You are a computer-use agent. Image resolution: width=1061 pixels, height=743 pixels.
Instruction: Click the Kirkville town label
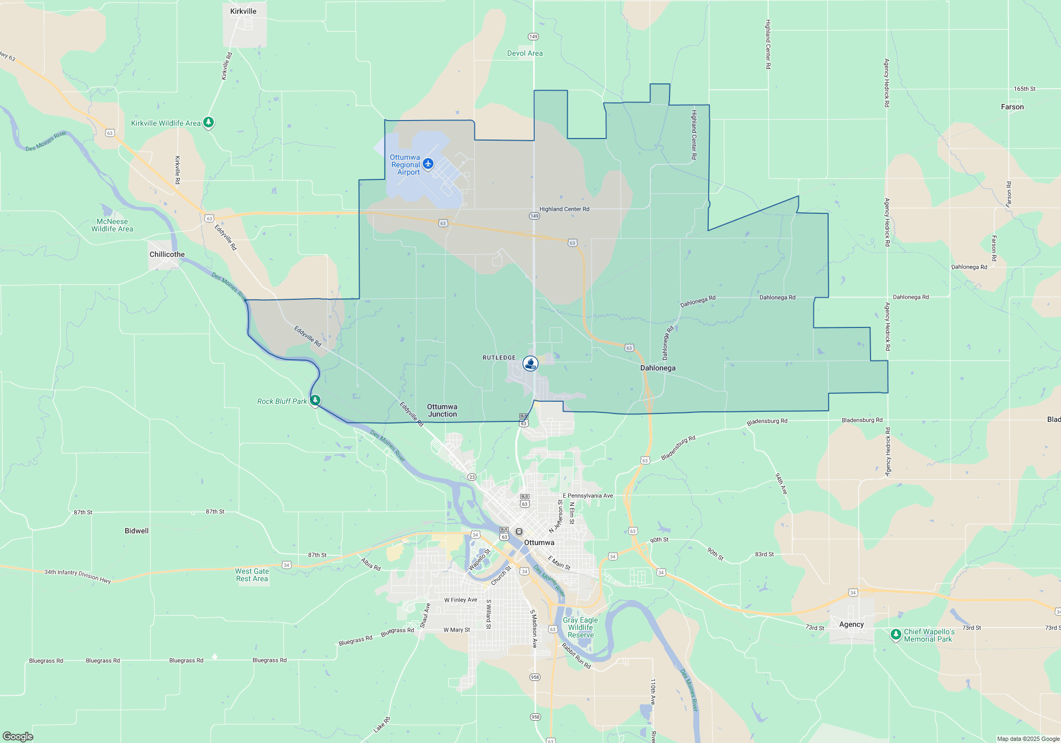(243, 11)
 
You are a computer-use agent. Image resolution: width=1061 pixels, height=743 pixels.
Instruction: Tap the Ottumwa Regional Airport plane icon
(428, 163)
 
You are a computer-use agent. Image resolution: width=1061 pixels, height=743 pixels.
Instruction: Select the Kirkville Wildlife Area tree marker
(208, 123)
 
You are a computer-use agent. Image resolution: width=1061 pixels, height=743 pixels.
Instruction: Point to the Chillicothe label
(167, 254)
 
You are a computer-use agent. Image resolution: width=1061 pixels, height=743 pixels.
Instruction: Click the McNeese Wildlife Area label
(112, 225)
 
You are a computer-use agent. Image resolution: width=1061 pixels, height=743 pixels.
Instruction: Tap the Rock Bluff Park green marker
(315, 400)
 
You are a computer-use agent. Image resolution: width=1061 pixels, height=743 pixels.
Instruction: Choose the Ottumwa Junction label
(442, 410)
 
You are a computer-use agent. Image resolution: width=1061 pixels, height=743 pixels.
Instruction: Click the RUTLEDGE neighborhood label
(499, 358)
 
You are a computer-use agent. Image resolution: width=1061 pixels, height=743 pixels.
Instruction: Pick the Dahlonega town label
(658, 368)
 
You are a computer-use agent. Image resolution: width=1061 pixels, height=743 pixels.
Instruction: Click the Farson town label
(1012, 107)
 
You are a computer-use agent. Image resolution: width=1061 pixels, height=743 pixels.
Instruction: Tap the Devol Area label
(525, 53)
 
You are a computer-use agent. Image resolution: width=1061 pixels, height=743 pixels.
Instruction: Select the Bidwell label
(136, 531)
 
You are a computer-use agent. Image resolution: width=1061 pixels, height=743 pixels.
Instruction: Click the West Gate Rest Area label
(252, 575)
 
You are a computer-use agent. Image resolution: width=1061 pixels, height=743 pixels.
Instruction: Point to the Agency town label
(851, 624)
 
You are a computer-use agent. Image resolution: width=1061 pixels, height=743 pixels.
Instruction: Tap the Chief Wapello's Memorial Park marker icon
(896, 634)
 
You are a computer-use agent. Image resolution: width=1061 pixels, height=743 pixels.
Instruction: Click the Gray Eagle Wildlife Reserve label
(580, 627)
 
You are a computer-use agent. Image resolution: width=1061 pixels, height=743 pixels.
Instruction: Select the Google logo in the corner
(18, 736)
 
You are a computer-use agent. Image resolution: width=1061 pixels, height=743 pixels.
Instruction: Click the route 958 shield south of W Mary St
(535, 677)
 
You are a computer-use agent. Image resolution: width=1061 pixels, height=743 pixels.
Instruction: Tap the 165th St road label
(1024, 89)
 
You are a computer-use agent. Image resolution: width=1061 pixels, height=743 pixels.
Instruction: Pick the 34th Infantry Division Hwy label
(77, 575)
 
